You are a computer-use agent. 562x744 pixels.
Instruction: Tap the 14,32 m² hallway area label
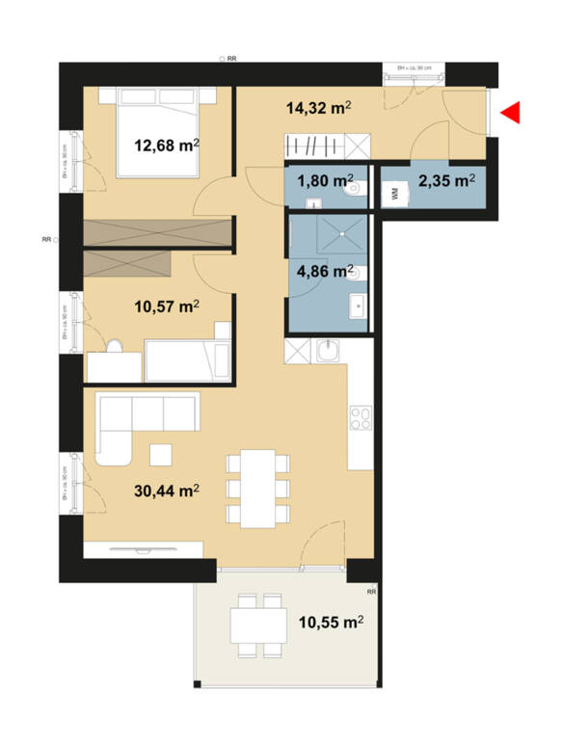tap(317, 110)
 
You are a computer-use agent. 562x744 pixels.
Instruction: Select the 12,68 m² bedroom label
tap(166, 146)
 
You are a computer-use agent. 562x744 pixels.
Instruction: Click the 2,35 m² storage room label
tap(444, 180)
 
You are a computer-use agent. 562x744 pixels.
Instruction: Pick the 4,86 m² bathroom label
tap(322, 271)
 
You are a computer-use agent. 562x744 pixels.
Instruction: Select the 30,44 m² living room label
tap(166, 491)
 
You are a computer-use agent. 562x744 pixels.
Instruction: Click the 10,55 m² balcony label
tap(330, 623)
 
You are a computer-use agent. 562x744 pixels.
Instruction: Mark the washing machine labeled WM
tap(394, 193)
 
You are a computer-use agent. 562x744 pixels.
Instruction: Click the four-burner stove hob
tap(361, 418)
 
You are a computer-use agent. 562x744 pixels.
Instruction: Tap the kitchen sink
tap(329, 352)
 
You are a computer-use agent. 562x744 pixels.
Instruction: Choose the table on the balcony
tap(257, 627)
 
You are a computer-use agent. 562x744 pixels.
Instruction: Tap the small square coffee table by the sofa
tap(161, 453)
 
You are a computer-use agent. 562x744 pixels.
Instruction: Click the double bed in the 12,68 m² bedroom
tap(158, 131)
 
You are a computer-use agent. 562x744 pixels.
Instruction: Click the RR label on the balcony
tap(371, 591)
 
